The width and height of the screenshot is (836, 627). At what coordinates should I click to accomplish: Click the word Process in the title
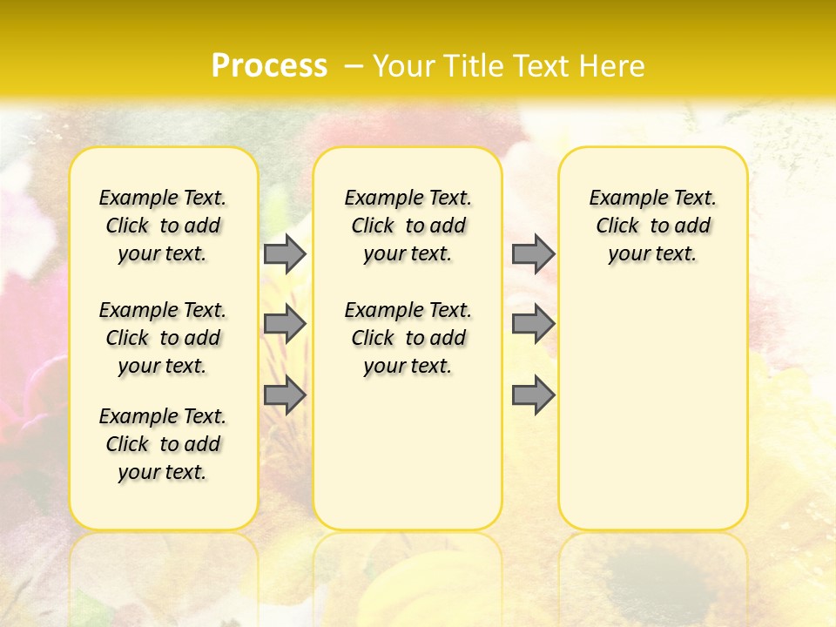click(x=269, y=65)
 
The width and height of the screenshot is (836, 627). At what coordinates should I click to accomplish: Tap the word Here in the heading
click(x=613, y=66)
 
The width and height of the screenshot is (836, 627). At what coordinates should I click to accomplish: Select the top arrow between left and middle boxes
click(x=285, y=253)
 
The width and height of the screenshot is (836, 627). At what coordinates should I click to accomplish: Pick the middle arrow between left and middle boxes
click(x=285, y=325)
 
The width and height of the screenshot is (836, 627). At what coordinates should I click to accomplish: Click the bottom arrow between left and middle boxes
click(x=285, y=395)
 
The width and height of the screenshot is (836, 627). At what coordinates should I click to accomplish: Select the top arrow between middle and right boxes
click(x=533, y=253)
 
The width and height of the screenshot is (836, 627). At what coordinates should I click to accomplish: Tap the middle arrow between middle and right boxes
click(x=533, y=325)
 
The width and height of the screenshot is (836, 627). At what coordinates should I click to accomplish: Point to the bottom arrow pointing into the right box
click(x=533, y=395)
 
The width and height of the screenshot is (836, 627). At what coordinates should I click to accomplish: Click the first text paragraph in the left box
click(x=163, y=226)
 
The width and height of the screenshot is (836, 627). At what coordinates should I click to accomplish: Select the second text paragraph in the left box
click(x=163, y=338)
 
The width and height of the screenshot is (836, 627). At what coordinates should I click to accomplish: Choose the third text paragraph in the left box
click(x=163, y=444)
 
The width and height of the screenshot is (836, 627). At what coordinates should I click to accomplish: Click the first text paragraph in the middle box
click(x=408, y=226)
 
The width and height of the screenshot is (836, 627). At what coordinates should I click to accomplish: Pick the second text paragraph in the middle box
click(x=408, y=338)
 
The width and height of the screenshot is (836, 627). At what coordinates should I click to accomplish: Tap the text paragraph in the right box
click(x=652, y=226)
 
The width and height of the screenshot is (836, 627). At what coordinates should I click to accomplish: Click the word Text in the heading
click(x=542, y=66)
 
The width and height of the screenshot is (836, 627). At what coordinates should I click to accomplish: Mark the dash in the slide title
click(x=353, y=66)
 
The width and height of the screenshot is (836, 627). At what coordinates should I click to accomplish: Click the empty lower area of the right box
click(x=652, y=418)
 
